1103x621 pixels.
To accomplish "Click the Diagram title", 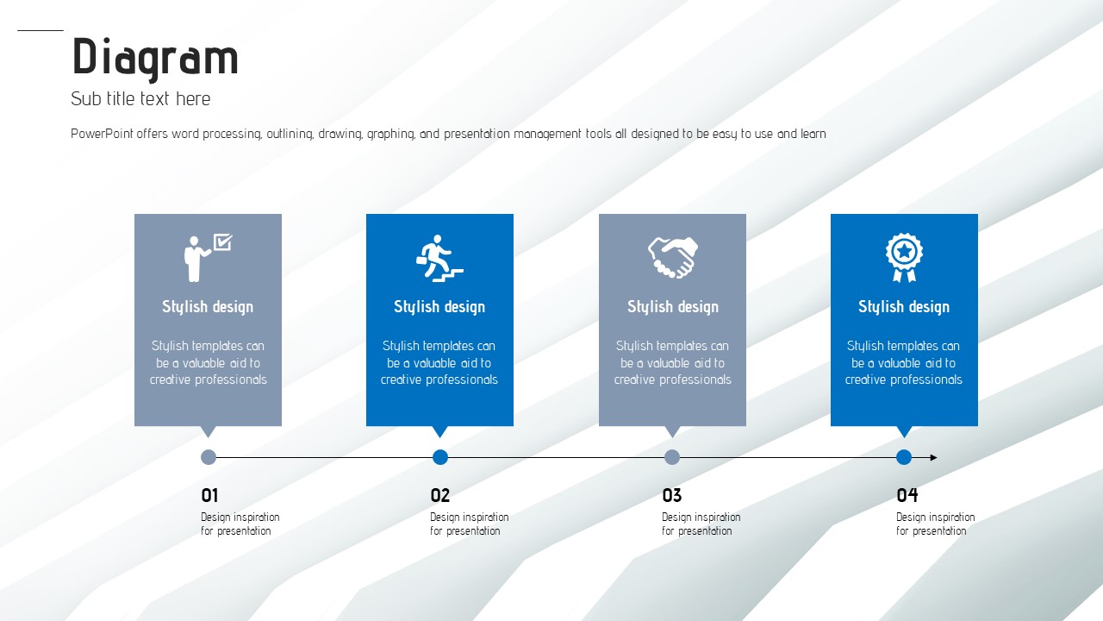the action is pyautogui.click(x=155, y=58).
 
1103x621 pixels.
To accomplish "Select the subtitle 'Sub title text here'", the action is pyautogui.click(x=140, y=98).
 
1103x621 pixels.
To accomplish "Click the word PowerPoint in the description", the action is pyautogui.click(x=102, y=134).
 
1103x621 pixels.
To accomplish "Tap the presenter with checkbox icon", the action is pyautogui.click(x=208, y=257).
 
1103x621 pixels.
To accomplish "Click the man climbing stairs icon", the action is pyautogui.click(x=439, y=258).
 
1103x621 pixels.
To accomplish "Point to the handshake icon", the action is pyautogui.click(x=673, y=257).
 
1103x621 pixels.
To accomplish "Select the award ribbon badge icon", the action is pyautogui.click(x=904, y=257).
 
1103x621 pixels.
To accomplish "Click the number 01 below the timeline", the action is pyautogui.click(x=209, y=495).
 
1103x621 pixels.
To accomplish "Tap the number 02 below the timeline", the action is pyautogui.click(x=439, y=495).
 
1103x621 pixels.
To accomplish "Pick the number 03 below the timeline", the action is pyautogui.click(x=671, y=495).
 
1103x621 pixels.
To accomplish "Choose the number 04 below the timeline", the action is pyautogui.click(x=907, y=495).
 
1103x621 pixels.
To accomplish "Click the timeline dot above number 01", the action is pyautogui.click(x=209, y=457).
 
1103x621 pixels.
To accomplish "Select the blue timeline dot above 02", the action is pyautogui.click(x=440, y=457).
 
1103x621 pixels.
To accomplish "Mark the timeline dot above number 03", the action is pyautogui.click(x=672, y=457).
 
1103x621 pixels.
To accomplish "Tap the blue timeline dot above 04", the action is pyautogui.click(x=904, y=457).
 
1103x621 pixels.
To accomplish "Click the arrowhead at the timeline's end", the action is pyautogui.click(x=933, y=457).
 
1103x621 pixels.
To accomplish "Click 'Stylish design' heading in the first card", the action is pyautogui.click(x=208, y=306).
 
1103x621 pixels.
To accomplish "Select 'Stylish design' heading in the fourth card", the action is pyautogui.click(x=904, y=306).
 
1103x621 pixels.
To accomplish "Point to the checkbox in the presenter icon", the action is pyautogui.click(x=222, y=241).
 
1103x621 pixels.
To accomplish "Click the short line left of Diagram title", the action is pyautogui.click(x=41, y=30).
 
